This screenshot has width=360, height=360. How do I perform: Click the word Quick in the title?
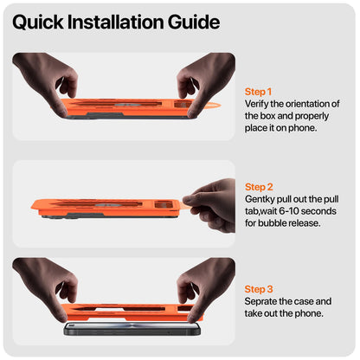(x=38, y=22)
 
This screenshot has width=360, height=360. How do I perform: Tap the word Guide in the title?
(x=194, y=22)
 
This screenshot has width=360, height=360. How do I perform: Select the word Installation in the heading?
(x=115, y=22)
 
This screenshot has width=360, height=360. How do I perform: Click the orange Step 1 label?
(x=258, y=92)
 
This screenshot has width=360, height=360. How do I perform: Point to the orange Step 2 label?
(x=259, y=187)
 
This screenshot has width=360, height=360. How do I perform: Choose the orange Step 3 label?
(x=259, y=289)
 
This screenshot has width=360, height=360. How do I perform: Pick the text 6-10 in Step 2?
(x=289, y=211)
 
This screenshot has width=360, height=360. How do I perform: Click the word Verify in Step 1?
(x=256, y=104)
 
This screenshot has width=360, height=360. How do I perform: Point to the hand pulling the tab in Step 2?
(x=212, y=205)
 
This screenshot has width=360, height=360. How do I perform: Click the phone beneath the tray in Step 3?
(x=132, y=329)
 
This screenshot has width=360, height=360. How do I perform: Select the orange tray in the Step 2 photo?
(x=106, y=207)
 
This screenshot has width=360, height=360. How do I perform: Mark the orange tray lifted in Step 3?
(x=132, y=312)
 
